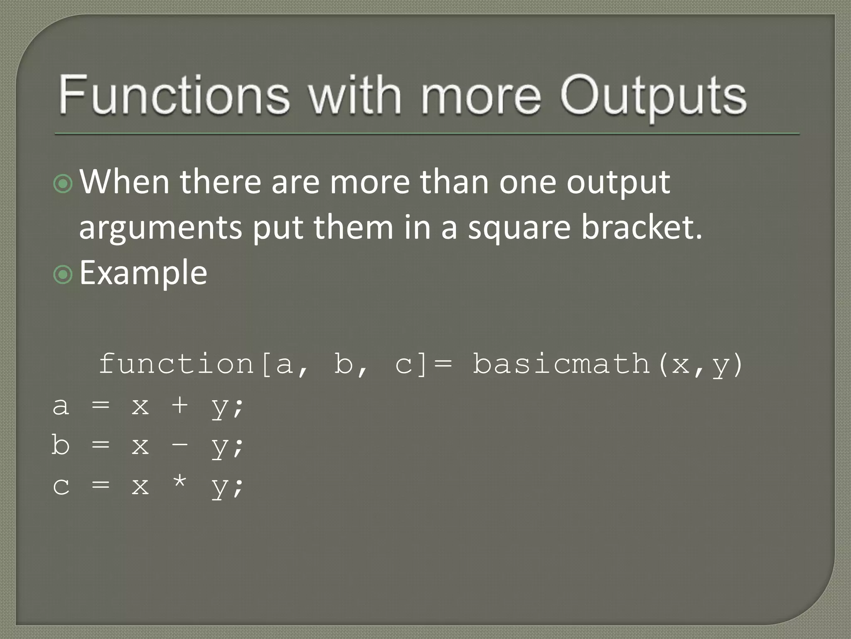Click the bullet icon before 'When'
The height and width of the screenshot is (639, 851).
[63, 183]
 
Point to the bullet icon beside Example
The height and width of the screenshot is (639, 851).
[63, 275]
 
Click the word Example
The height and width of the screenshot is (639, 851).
[143, 273]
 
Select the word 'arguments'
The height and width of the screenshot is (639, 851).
[160, 229]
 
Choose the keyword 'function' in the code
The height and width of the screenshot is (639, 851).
[176, 364]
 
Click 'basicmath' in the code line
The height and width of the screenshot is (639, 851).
[561, 364]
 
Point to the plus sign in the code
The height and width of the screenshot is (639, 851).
[180, 405]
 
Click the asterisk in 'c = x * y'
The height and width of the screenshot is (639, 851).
[180, 483]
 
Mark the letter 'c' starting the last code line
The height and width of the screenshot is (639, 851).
[61, 486]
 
